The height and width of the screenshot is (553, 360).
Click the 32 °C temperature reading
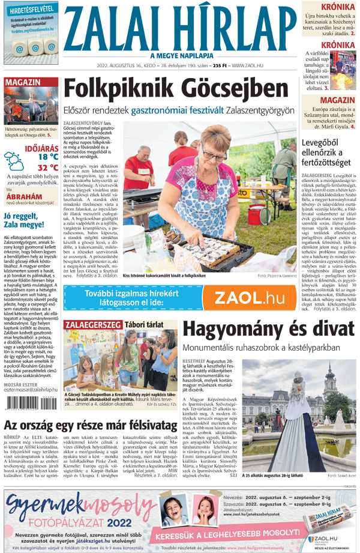point(47,168)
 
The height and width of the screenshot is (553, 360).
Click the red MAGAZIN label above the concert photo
point(23,82)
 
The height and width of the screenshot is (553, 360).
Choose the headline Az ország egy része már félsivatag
point(86,426)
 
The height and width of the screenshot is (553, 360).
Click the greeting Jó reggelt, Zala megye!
point(31,221)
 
